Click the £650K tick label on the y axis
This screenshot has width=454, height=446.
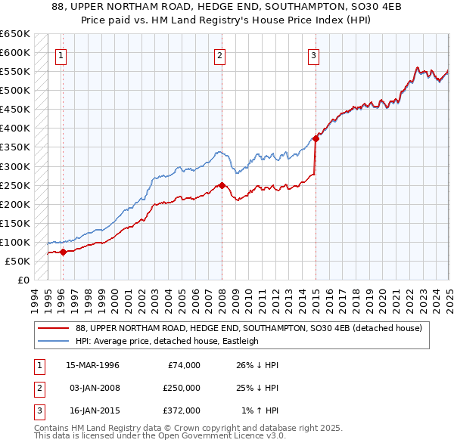click(15, 34)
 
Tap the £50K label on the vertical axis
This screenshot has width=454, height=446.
click(18, 261)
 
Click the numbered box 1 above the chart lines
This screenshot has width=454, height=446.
click(61, 54)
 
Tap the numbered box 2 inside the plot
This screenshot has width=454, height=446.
click(219, 54)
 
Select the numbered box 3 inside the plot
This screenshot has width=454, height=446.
click(313, 54)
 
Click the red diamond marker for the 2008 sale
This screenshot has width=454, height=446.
click(222, 185)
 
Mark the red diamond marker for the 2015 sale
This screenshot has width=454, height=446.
click(316, 138)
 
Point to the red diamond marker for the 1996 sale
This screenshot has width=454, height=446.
click(63, 252)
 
